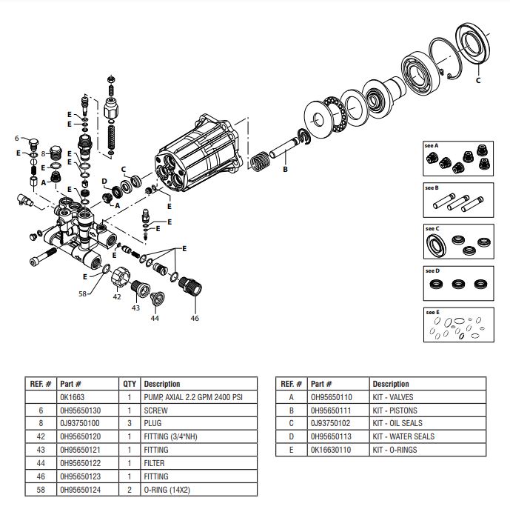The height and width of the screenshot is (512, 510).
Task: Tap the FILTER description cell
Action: pos(155,463)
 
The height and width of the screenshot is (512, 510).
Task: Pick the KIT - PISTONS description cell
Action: pos(395,410)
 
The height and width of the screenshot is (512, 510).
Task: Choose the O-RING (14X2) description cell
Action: pos(167,489)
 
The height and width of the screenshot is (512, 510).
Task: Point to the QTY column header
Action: pos(129,384)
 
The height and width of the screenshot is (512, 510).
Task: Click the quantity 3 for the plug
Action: pos(129,424)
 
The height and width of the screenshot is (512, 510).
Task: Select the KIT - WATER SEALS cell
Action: pos(403,436)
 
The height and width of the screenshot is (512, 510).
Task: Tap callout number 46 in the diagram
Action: pos(195,318)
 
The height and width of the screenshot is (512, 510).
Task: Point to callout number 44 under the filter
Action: pos(154,318)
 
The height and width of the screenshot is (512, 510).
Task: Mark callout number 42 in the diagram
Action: pos(116,297)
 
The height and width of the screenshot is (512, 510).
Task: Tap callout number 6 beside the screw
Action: pos(17,138)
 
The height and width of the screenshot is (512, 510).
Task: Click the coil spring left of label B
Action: pos(260,162)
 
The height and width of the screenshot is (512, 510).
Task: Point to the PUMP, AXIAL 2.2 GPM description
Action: pos(192,397)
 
